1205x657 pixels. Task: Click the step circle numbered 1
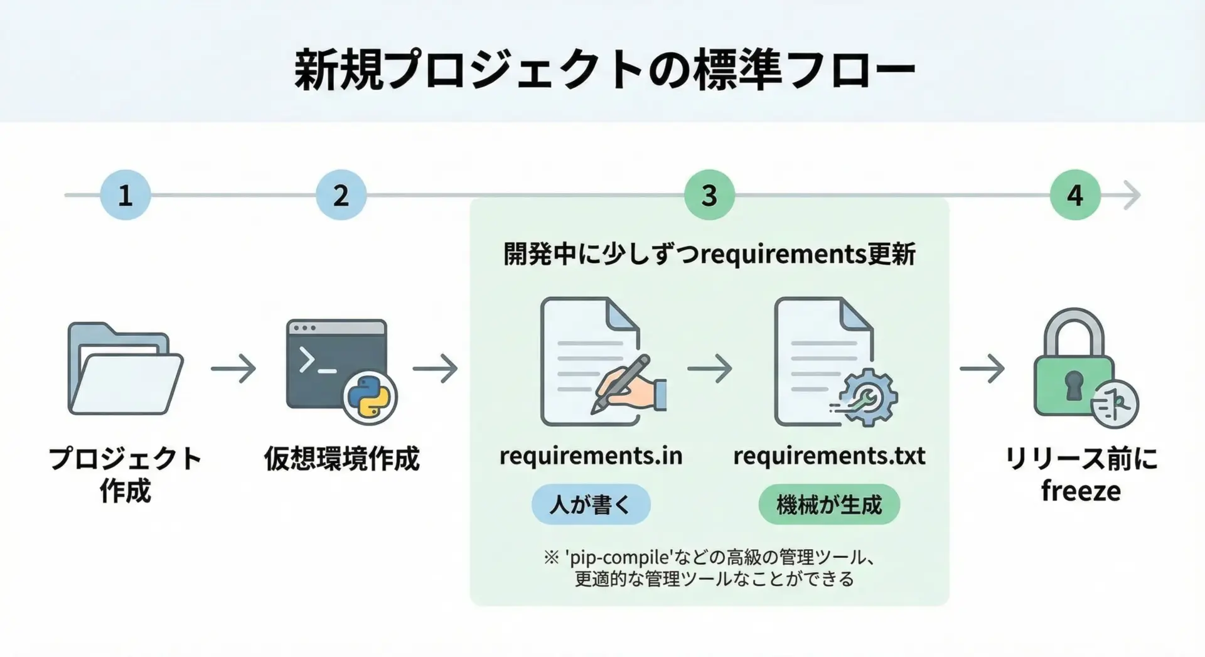[x=126, y=195]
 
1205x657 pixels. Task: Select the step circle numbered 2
[x=341, y=195]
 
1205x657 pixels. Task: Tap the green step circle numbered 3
[x=709, y=195]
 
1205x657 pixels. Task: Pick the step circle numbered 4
[x=1075, y=195]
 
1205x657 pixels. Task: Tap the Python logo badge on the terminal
[x=369, y=398]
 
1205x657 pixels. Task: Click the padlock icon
[x=1073, y=364]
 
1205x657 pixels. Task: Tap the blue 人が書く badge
[x=591, y=504]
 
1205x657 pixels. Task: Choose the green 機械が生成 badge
[x=829, y=504]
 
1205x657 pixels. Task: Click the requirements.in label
[x=591, y=456]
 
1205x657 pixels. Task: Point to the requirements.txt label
[x=829, y=456]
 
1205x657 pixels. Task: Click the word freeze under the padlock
[x=1081, y=491]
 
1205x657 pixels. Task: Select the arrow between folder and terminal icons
[x=233, y=368]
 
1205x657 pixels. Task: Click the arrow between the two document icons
[x=710, y=368]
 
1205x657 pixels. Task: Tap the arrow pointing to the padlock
[x=982, y=368]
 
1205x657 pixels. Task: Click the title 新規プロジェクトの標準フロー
[x=604, y=69]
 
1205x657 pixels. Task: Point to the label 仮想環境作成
[x=341, y=459]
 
